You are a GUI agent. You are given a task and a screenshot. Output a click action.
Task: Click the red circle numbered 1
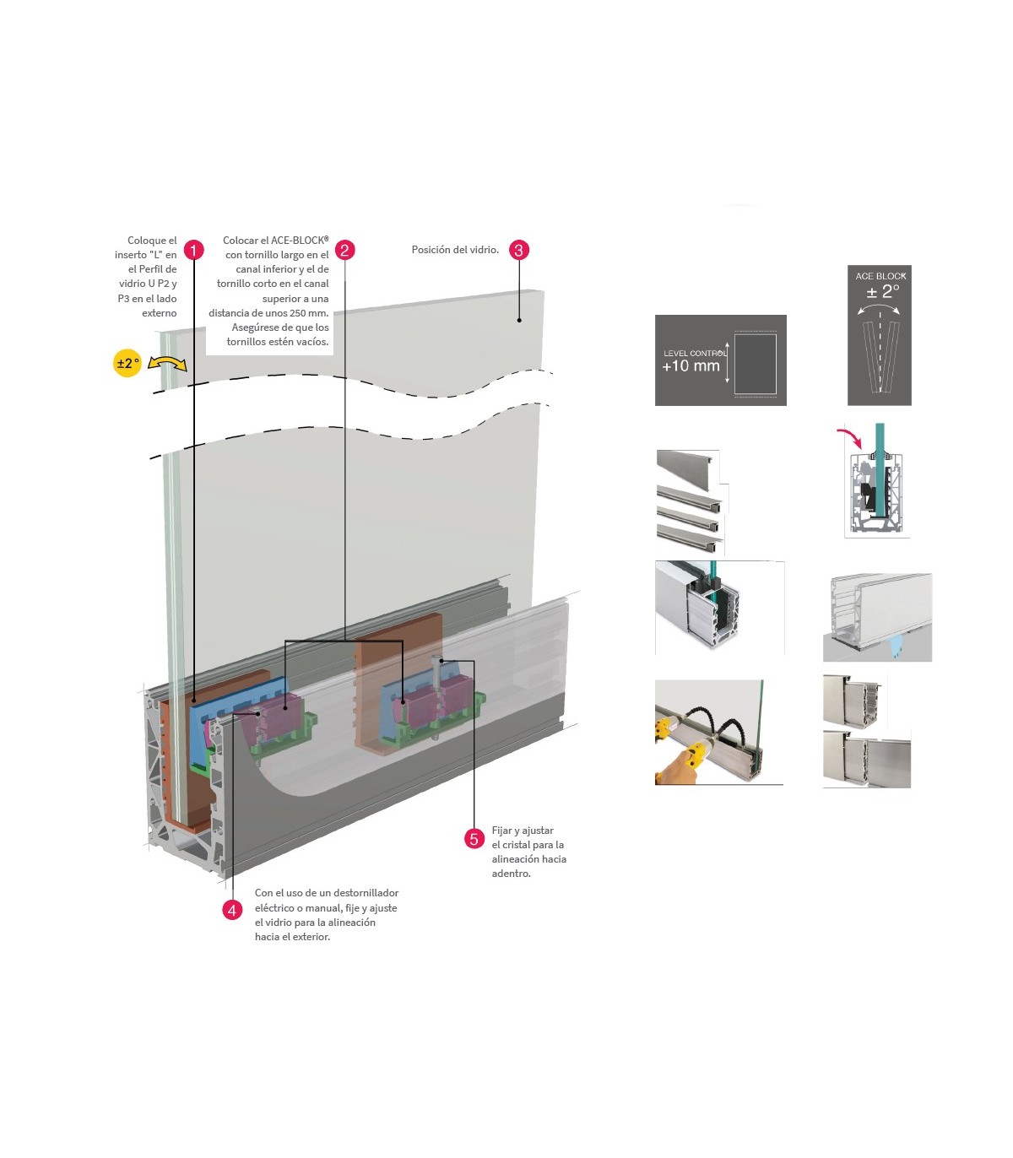(193, 250)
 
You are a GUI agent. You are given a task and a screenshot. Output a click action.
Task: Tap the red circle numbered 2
(344, 250)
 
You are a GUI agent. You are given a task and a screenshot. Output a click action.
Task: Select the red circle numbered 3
(519, 250)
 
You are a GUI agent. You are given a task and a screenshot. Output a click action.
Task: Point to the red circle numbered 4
(232, 910)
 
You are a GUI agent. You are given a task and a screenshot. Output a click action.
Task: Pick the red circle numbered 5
(474, 838)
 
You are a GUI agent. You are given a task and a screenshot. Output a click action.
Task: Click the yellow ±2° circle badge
(127, 363)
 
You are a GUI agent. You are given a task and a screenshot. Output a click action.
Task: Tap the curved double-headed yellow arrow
(167, 364)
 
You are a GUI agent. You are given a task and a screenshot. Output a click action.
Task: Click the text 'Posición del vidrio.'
(455, 250)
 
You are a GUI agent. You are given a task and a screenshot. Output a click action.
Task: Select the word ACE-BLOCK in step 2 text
(299, 241)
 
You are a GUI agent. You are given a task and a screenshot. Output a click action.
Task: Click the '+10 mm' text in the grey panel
(691, 366)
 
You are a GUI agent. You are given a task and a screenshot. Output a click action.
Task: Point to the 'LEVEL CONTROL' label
(695, 353)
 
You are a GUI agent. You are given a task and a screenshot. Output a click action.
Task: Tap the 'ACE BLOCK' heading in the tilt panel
(880, 276)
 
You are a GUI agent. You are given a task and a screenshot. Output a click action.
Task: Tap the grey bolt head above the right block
(436, 661)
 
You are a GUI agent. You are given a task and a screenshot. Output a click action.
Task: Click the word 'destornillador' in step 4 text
(366, 893)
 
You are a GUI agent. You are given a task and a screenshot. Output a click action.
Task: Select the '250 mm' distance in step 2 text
(309, 313)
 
